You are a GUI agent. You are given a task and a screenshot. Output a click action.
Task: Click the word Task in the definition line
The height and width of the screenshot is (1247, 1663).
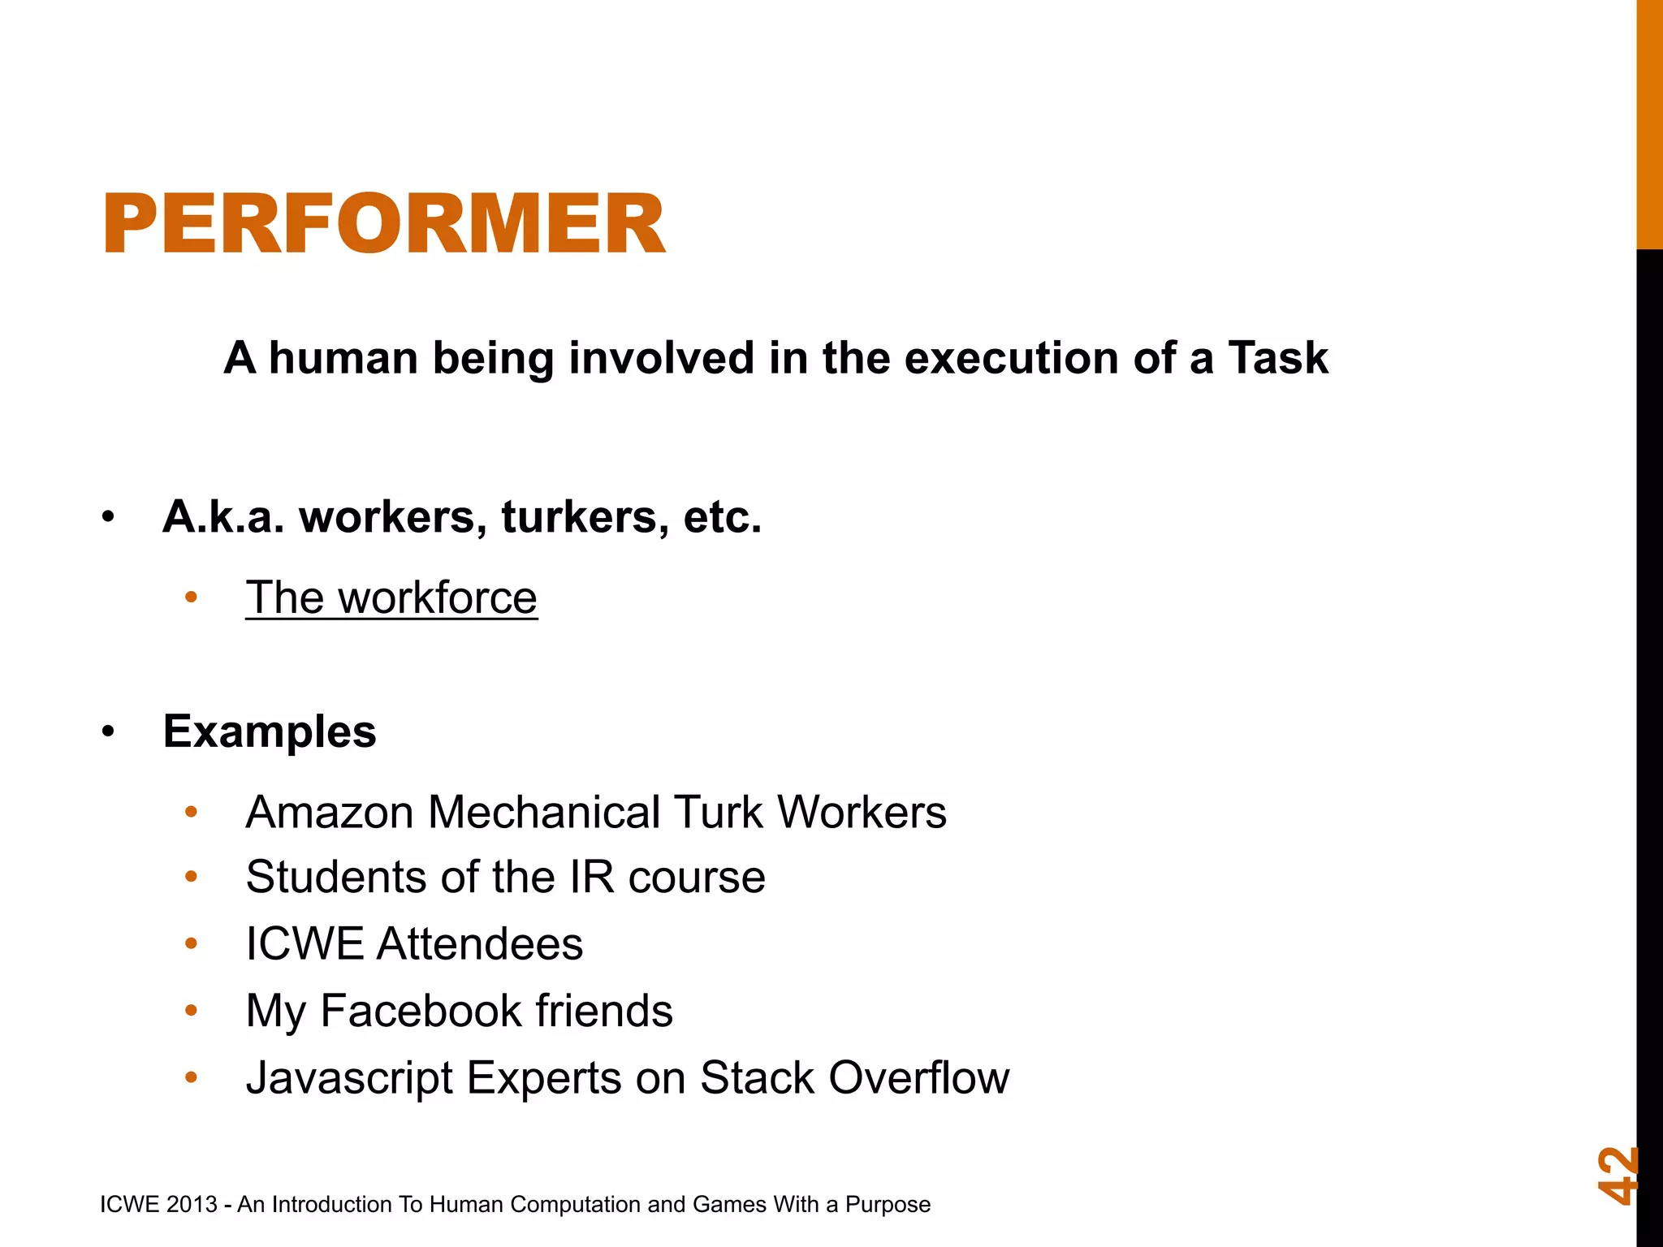[x=1277, y=358]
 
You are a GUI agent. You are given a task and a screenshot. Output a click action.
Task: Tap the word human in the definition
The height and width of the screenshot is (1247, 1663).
[x=343, y=358]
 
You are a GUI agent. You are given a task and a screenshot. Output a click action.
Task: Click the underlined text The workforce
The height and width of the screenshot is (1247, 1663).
[x=391, y=598]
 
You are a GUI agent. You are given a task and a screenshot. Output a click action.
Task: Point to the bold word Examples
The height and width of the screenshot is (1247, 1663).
[x=270, y=731]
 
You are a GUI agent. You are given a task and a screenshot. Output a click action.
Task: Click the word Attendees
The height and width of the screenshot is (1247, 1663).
[x=479, y=944]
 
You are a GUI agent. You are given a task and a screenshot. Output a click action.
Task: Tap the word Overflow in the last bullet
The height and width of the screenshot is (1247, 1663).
[x=918, y=1078]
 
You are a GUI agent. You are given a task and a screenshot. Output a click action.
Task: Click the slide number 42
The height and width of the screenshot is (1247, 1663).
[x=1618, y=1175]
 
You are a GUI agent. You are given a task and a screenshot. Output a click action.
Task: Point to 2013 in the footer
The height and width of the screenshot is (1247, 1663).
[x=192, y=1205]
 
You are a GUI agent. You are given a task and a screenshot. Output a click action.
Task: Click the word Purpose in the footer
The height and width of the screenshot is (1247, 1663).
[x=888, y=1205]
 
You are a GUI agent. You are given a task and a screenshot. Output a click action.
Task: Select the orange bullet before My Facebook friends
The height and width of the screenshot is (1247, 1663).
[x=192, y=1011]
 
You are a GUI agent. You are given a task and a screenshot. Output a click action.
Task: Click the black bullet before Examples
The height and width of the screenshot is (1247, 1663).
[x=109, y=732]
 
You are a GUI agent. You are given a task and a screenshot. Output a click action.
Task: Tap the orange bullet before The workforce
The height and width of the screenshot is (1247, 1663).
[x=192, y=598]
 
